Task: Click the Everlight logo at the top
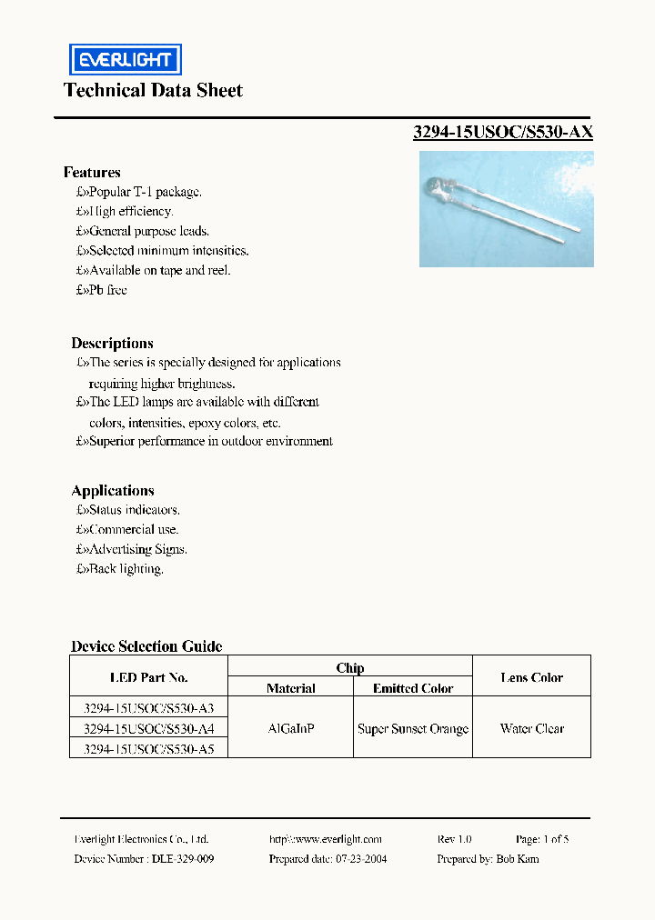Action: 126,59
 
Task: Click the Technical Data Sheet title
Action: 153,90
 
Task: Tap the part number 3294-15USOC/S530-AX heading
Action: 503,132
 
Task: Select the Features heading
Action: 92,172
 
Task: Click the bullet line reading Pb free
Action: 102,290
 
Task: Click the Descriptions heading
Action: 112,343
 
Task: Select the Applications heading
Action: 113,490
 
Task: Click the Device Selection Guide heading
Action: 146,646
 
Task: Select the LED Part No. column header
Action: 148,677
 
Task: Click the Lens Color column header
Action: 531,677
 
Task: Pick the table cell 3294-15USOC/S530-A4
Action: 148,729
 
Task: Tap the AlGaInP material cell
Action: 290,729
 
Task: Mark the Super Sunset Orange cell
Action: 413,729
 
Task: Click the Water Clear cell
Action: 531,729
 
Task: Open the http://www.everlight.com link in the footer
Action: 326,839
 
